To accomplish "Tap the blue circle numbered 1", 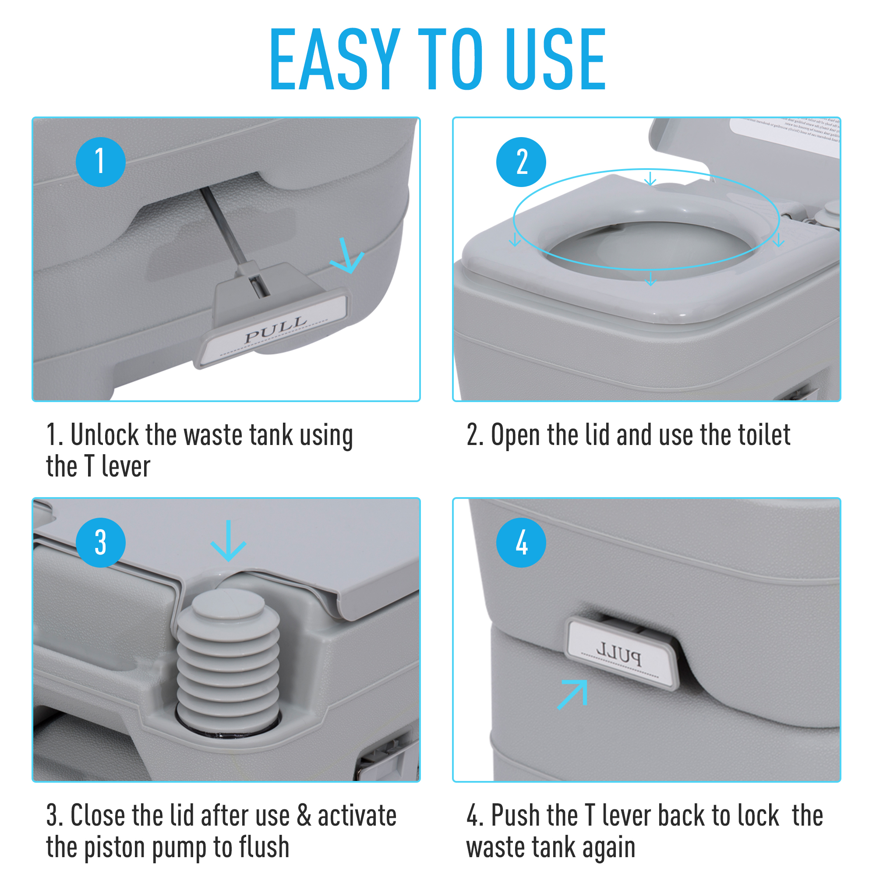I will [100, 162].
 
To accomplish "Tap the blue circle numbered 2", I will [521, 162].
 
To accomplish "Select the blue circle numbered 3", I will [100, 543].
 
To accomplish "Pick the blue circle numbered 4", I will [521, 543].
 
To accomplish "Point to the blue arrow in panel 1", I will [347, 258].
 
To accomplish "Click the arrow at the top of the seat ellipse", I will [650, 179].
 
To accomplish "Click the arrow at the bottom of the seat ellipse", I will [650, 279].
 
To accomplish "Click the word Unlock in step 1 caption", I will [104, 435].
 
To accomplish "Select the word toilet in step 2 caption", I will [764, 435].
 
